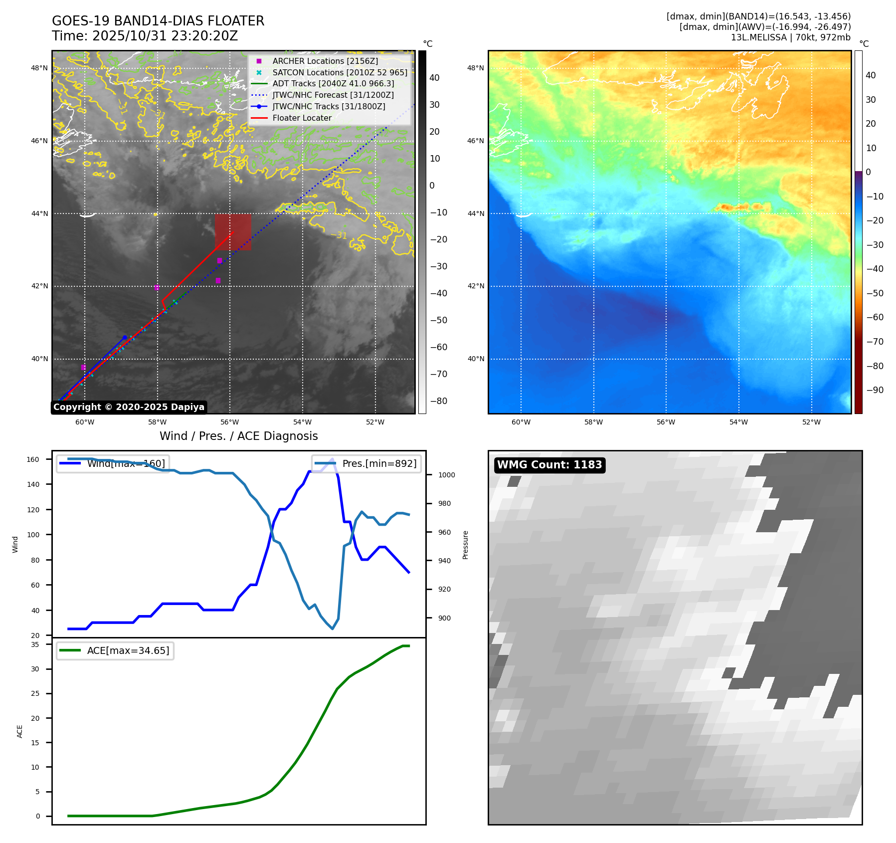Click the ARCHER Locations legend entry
point(325,61)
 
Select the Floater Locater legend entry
point(302,118)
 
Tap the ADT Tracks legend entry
point(333,84)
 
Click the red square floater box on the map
point(233,232)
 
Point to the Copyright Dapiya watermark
point(129,407)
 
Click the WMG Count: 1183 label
point(549,465)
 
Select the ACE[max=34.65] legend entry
point(128,650)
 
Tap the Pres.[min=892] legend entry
point(379,463)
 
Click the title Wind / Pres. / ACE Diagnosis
point(238,436)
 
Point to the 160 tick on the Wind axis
point(33,459)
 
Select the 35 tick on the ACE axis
point(35,644)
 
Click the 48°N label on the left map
point(40,68)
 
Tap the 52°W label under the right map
point(811,422)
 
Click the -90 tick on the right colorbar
point(875,390)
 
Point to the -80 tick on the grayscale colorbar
point(439,401)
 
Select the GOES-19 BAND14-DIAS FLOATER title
point(158,21)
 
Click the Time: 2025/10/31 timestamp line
point(145,36)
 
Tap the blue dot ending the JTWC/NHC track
point(125,338)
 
